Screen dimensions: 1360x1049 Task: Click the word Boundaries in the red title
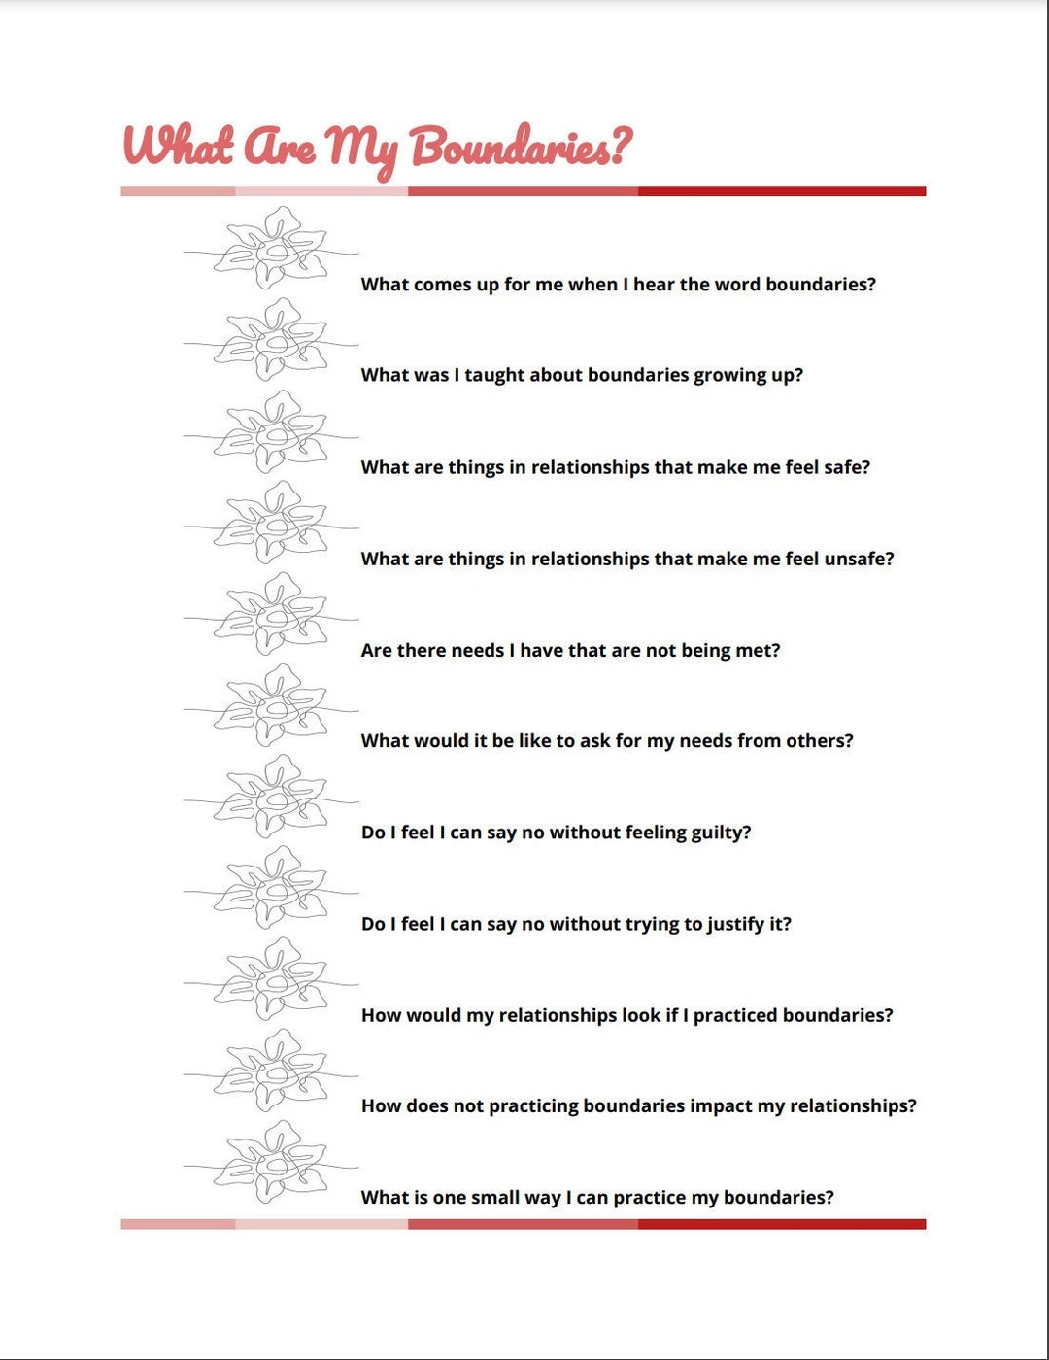point(521,148)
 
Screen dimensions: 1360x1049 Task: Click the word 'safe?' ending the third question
point(847,467)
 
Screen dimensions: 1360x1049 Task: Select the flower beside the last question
point(271,1163)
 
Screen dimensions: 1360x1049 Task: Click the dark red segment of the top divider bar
point(782,191)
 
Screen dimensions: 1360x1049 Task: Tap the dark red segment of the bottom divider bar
point(782,1224)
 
